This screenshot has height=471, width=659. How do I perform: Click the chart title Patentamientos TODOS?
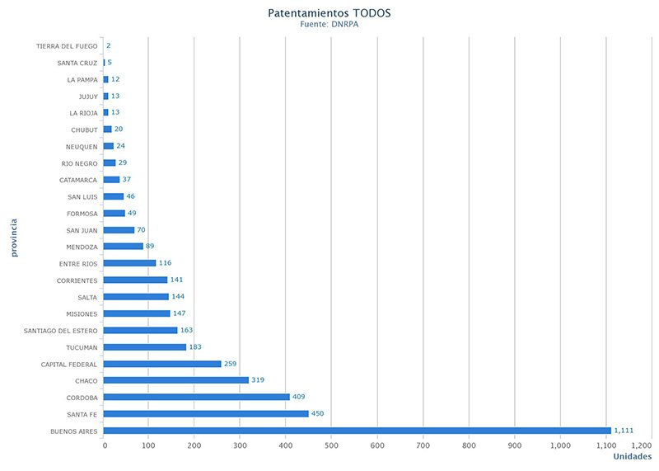click(329, 13)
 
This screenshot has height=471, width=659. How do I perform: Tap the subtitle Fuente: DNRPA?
click(329, 25)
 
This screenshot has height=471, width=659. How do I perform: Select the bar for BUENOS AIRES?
click(358, 431)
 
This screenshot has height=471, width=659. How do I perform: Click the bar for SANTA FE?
click(206, 414)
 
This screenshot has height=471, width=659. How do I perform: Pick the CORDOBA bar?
click(197, 397)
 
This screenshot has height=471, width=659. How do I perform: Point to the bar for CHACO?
click(176, 380)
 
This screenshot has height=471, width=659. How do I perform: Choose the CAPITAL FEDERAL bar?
click(162, 364)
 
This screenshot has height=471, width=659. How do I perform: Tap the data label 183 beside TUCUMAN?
click(196, 347)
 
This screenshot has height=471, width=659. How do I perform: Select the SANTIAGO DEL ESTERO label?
click(61, 331)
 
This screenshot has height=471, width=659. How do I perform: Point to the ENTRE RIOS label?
click(78, 264)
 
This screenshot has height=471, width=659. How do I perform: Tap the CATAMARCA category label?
click(78, 180)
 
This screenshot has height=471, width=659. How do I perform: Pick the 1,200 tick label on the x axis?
click(641, 445)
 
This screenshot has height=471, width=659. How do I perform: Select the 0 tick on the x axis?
click(105, 445)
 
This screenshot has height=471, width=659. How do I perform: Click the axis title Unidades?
click(632, 457)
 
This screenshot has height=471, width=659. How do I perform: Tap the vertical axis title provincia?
click(15, 238)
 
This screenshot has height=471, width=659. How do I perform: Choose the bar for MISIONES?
click(137, 313)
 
